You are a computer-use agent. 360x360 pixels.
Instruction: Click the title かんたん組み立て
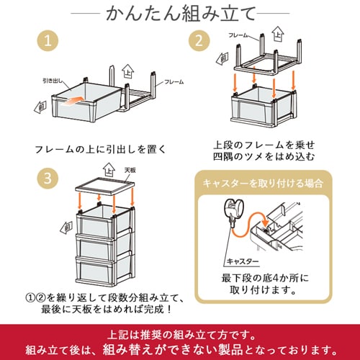coord(179,14)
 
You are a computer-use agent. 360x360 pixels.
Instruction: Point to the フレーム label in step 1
coord(174,83)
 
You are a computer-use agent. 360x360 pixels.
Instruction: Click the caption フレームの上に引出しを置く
coord(101,149)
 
